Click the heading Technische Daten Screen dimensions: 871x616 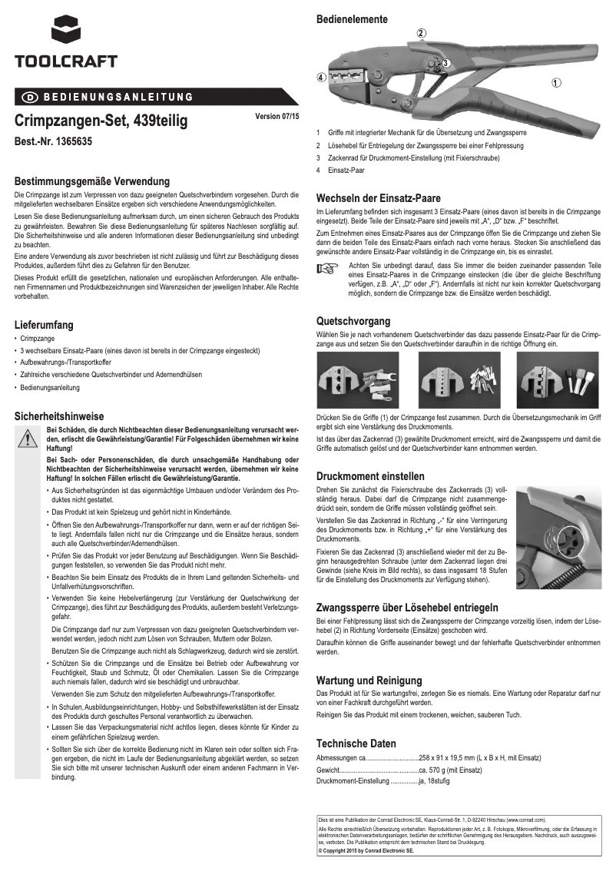tap(356, 743)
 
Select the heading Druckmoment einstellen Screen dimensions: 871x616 tap(370, 476)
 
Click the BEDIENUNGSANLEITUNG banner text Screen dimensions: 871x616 tap(115, 97)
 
